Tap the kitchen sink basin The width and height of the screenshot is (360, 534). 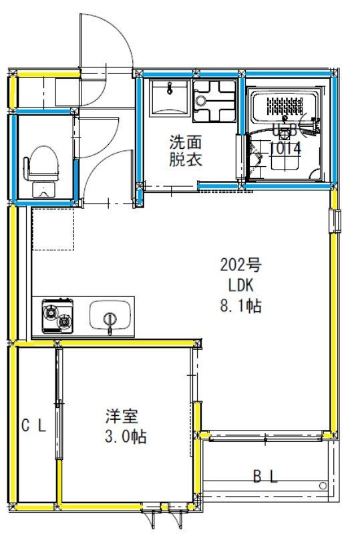(x=110, y=315)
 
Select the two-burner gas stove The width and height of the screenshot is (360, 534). (x=57, y=316)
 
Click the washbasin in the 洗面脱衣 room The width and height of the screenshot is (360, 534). (x=169, y=98)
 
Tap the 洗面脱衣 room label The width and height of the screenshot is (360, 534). (x=184, y=151)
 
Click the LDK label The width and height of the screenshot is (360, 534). (x=240, y=286)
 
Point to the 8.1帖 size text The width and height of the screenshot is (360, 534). (x=240, y=306)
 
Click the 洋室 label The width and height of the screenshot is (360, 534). (x=122, y=417)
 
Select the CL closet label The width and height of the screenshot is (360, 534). (x=33, y=425)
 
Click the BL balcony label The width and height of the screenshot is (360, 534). (x=264, y=476)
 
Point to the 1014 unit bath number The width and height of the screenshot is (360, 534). (x=285, y=149)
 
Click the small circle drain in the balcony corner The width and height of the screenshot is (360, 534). (x=323, y=485)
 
